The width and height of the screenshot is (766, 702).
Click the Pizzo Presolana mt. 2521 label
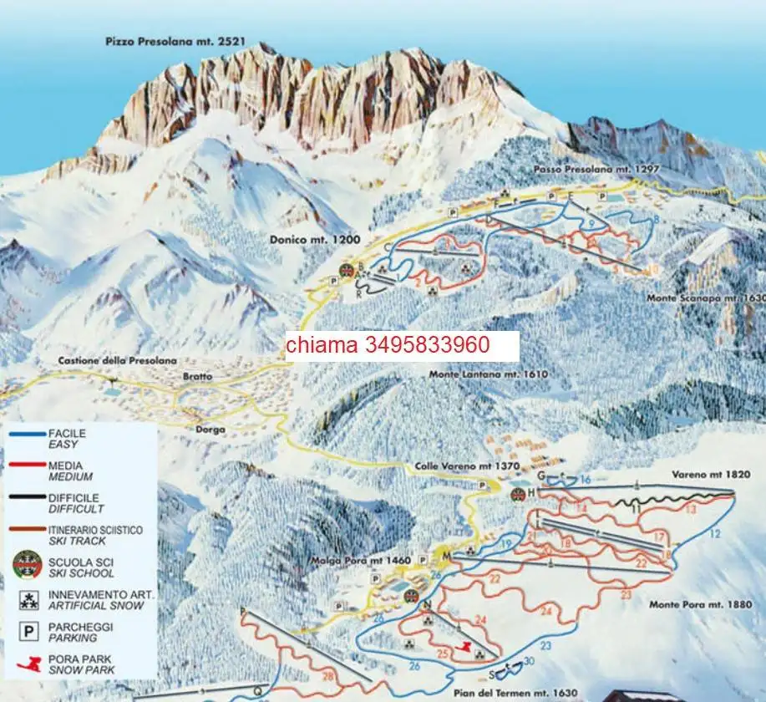pos(166,40)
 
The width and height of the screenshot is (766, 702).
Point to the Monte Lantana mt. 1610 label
pos(488,374)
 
